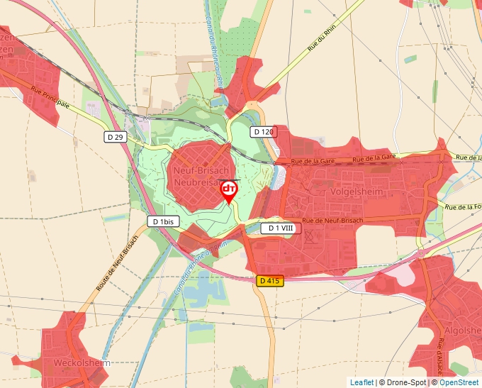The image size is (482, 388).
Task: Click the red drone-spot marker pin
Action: (229, 191)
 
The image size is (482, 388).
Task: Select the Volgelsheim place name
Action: (357, 191)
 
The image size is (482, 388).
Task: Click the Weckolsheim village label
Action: (82, 363)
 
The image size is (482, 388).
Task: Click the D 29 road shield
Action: (116, 137)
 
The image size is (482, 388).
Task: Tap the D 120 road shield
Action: (262, 132)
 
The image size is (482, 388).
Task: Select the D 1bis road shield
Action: (164, 222)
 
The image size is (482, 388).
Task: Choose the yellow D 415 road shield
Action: (270, 281)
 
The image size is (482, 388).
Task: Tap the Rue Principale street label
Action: (50, 97)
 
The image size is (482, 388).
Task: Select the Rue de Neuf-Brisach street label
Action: (332, 221)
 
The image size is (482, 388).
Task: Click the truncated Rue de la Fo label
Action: (464, 207)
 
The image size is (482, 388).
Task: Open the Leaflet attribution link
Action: (361, 382)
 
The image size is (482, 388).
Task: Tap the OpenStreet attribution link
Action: (459, 382)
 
